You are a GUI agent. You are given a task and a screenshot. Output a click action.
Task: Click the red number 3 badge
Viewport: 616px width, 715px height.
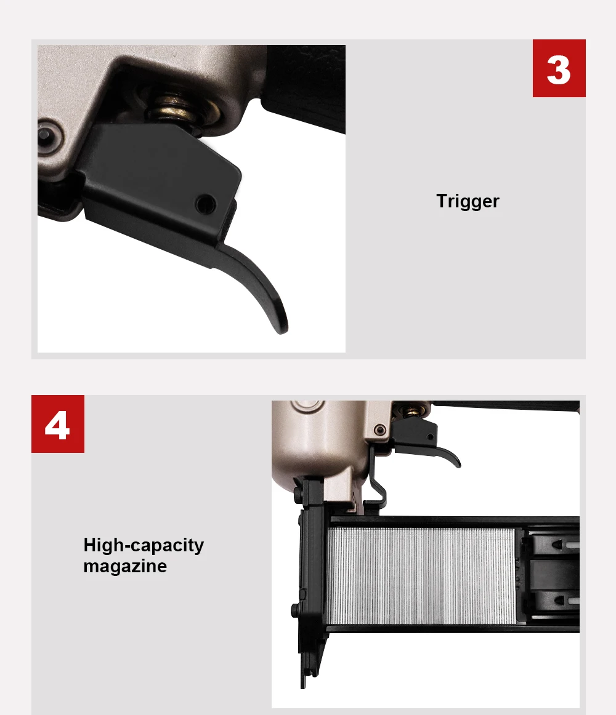(x=559, y=68)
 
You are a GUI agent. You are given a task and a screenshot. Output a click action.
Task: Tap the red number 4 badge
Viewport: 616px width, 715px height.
(x=57, y=423)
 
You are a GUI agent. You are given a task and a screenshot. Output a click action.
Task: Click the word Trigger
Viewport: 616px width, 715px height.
(x=468, y=201)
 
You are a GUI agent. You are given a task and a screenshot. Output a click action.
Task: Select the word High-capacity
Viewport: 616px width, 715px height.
(x=144, y=545)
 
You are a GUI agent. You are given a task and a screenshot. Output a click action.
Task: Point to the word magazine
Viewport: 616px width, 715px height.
(x=125, y=566)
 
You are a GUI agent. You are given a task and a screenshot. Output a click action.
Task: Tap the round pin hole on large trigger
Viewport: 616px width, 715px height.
(x=206, y=203)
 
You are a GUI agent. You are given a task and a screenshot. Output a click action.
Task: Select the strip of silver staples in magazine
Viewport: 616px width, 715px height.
(x=421, y=575)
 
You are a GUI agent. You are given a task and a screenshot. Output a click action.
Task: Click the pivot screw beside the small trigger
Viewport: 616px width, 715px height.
(x=379, y=429)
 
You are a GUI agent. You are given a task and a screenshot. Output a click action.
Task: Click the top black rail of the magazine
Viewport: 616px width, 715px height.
(x=455, y=522)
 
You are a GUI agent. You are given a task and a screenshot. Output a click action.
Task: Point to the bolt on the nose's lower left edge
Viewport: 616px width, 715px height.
(x=296, y=609)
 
